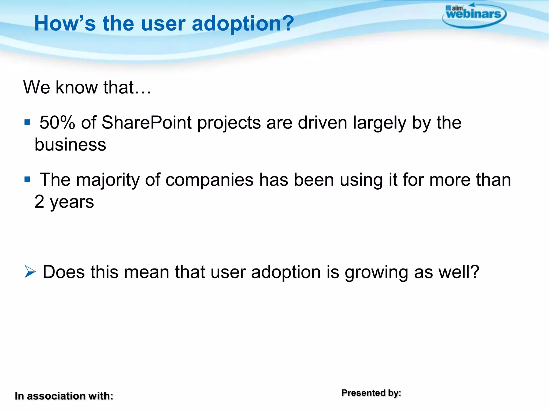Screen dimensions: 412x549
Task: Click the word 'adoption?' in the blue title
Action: [x=243, y=24]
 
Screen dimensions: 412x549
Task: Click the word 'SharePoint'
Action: [x=147, y=123]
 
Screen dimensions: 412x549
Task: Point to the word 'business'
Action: [x=70, y=145]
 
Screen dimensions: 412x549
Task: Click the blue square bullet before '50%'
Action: [x=27, y=123]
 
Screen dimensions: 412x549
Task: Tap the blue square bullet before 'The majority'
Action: [x=27, y=179]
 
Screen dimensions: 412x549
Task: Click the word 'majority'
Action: [x=108, y=180]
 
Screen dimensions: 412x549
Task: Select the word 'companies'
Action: [x=209, y=180]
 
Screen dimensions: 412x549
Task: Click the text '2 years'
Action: [x=64, y=202]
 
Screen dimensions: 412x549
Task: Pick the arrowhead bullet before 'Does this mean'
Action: [x=30, y=271]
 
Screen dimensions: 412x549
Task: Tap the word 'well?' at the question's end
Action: [x=459, y=272]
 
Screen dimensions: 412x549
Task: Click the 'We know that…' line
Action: [x=87, y=87]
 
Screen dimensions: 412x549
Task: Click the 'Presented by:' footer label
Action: [x=371, y=393]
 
